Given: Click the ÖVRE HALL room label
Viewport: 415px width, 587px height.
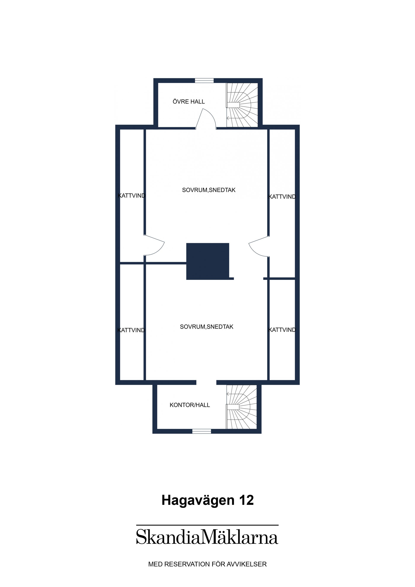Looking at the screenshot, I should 189,102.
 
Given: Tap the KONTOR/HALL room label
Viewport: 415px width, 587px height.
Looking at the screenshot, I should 190,405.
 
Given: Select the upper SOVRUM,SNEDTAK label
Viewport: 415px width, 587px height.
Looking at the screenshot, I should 209,190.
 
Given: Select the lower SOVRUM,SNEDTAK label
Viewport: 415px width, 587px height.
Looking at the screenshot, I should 207,327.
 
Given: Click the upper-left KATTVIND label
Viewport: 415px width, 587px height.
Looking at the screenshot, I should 132,196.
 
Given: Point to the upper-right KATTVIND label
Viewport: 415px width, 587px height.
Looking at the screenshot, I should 283,197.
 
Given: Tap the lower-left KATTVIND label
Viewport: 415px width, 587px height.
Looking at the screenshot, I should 131,330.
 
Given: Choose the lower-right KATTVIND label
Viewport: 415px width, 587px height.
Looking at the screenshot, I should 283,330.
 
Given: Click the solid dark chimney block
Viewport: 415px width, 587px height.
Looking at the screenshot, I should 208,261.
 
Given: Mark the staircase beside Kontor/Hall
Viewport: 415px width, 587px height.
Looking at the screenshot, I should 242,407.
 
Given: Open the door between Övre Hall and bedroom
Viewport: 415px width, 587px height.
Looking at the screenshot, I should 206,119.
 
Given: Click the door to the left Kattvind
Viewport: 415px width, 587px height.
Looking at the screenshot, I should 154,246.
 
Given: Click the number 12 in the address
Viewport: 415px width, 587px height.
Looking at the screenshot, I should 246,500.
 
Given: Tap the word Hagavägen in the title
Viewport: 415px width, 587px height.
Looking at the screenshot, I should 198,500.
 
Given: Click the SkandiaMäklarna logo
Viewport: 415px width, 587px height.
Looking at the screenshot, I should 207,537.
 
